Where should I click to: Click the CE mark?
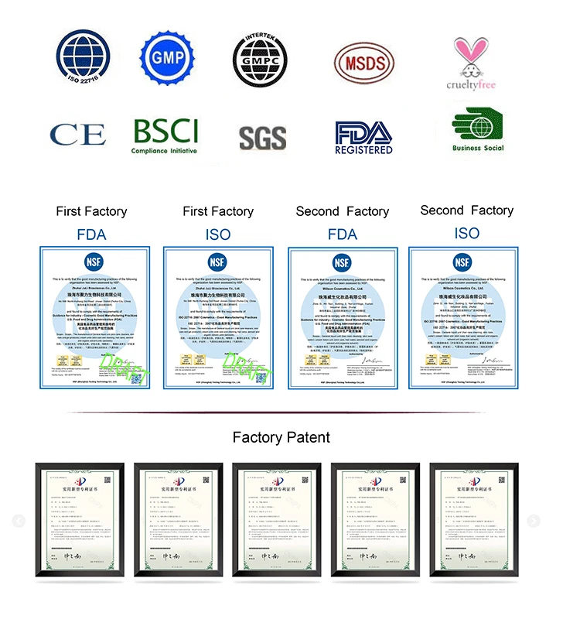coord(77,135)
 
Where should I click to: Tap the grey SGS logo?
coord(262,138)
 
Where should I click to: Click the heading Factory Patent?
coord(281,437)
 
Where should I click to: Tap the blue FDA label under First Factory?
coord(91,234)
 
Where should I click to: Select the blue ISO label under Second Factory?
coord(466,233)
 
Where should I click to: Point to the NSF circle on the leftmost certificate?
coord(92,263)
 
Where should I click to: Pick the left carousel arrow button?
coord(19,522)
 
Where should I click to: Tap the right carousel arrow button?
coord(533,522)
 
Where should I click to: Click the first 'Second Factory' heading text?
coord(342,211)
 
